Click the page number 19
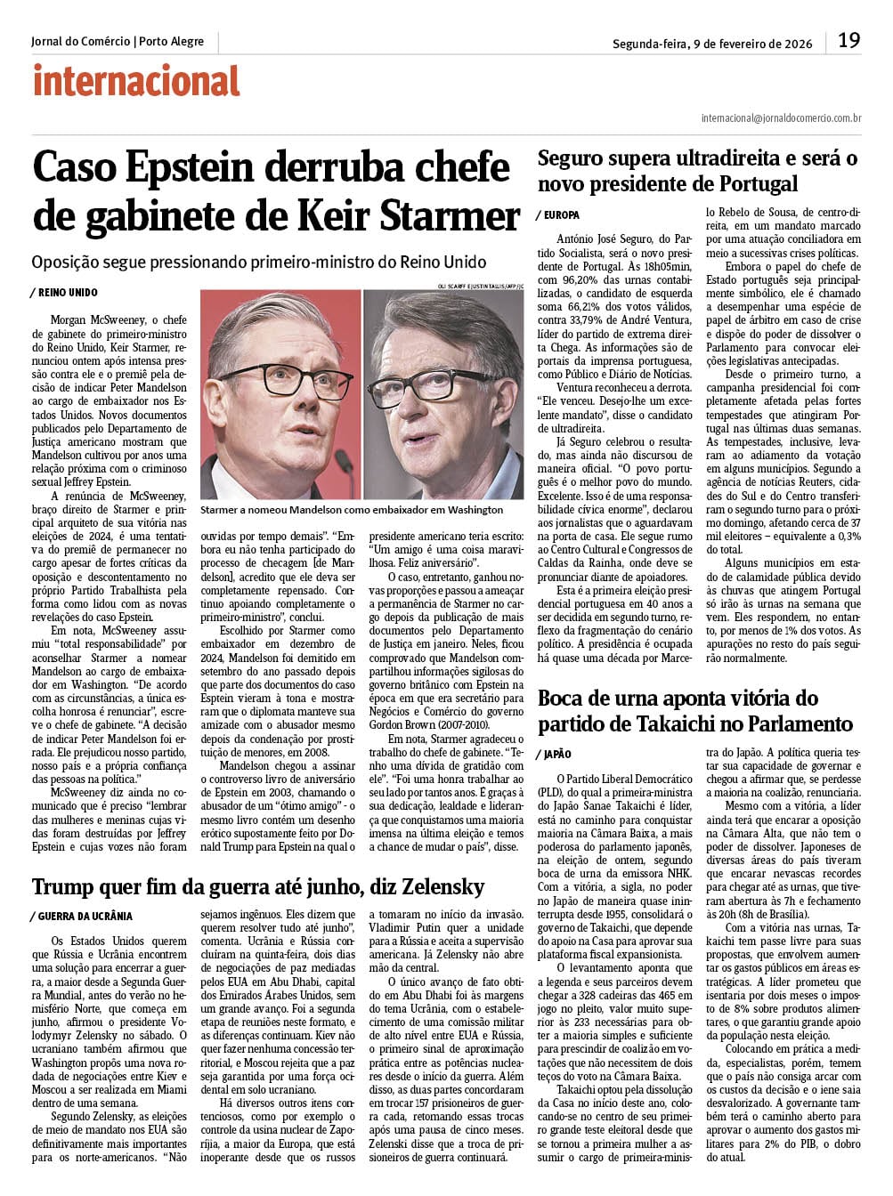[848, 41]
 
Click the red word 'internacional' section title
[136, 82]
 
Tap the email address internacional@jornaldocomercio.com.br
[781, 117]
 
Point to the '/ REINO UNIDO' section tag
[63, 293]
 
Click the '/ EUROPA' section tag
[558, 215]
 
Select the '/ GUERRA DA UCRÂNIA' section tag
[81, 916]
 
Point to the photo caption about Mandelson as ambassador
[352, 510]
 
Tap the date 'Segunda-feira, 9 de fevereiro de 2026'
[712, 44]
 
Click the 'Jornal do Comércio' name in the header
[80, 42]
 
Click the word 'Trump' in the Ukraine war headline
[65, 886]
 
